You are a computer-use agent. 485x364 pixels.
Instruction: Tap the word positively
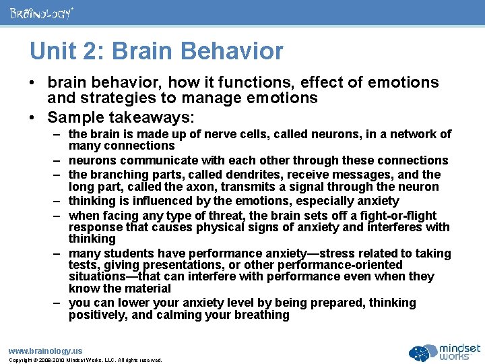(x=95, y=315)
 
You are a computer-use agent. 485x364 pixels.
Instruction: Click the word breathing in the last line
(x=264, y=315)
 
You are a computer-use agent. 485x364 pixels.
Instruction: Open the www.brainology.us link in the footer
(x=45, y=351)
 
